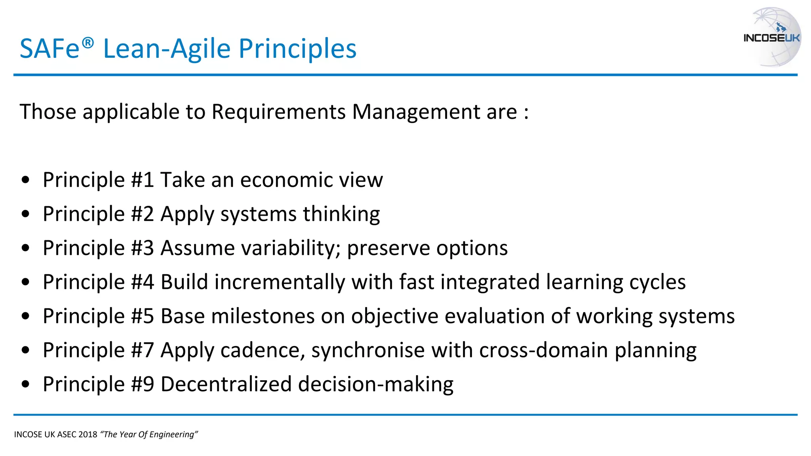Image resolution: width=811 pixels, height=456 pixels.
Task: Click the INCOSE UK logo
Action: [772, 37]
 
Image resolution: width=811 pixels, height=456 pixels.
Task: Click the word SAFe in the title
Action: [50, 49]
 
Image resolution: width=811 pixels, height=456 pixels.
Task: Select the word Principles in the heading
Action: [297, 49]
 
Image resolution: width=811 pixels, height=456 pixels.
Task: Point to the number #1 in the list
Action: [142, 180]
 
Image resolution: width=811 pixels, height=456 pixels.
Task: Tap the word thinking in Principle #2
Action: [341, 214]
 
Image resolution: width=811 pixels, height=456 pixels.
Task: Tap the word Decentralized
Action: [226, 384]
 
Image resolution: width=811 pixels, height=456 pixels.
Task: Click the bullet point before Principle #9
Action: [26, 384]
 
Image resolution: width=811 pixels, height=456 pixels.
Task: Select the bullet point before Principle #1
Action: [26, 180]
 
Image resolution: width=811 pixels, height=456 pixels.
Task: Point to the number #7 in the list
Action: [142, 351]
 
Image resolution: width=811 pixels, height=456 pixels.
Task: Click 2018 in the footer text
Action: [88, 435]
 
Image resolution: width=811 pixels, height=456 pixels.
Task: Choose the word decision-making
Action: [375, 384]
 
